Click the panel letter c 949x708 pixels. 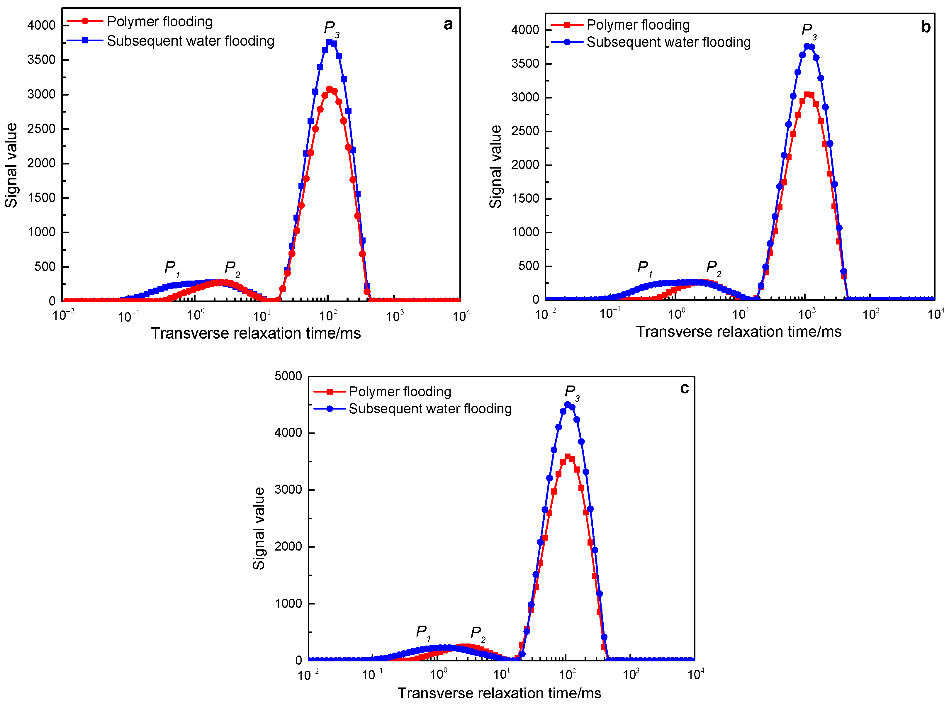coord(685,388)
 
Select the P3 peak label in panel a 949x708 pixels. coord(331,29)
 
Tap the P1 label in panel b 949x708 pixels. coord(644,268)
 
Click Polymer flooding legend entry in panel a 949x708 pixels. coord(159,21)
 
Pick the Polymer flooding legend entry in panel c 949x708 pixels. coord(400,392)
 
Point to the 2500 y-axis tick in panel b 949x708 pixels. coord(525,131)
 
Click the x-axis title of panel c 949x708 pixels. coord(499,693)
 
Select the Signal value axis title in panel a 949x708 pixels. coord(11,165)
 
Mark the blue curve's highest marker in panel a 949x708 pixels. coord(329,42)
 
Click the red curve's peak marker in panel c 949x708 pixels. coord(568,457)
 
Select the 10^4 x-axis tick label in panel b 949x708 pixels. coord(936,315)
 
